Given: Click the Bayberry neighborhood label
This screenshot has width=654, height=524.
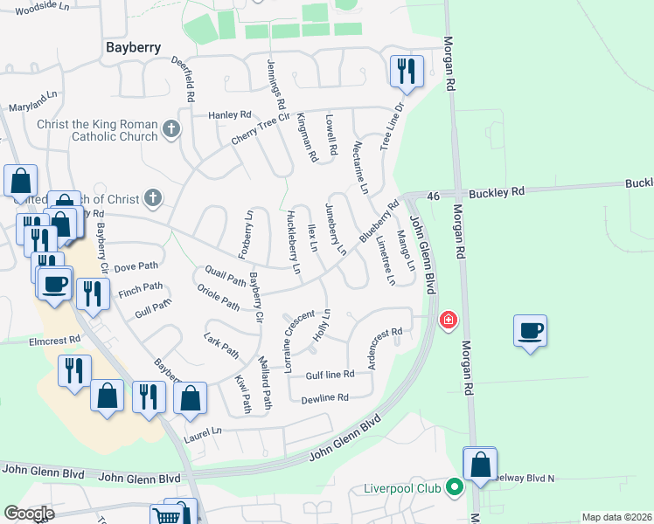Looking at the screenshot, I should pos(132,47).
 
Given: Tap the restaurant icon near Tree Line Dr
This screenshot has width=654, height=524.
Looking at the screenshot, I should pos(405,70).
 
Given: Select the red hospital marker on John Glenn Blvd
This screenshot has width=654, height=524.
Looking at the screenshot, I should pos(449,321).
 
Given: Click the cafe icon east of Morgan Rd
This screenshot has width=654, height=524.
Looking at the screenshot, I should pos(530,331).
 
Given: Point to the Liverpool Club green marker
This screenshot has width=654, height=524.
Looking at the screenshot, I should pos(454,486).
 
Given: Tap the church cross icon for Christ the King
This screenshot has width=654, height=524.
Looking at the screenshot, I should pos(171,130).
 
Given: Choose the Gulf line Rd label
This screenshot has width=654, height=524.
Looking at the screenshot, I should pos(330,376).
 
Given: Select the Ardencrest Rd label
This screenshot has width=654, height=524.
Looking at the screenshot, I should pos(384,348).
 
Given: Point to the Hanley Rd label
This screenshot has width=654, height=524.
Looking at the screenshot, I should pos(229,114).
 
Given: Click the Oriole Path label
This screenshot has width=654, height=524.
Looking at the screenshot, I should pos(218,298).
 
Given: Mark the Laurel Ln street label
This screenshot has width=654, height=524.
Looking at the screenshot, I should pos(203,431).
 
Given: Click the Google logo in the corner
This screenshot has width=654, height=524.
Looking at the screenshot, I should pos(29,514).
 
